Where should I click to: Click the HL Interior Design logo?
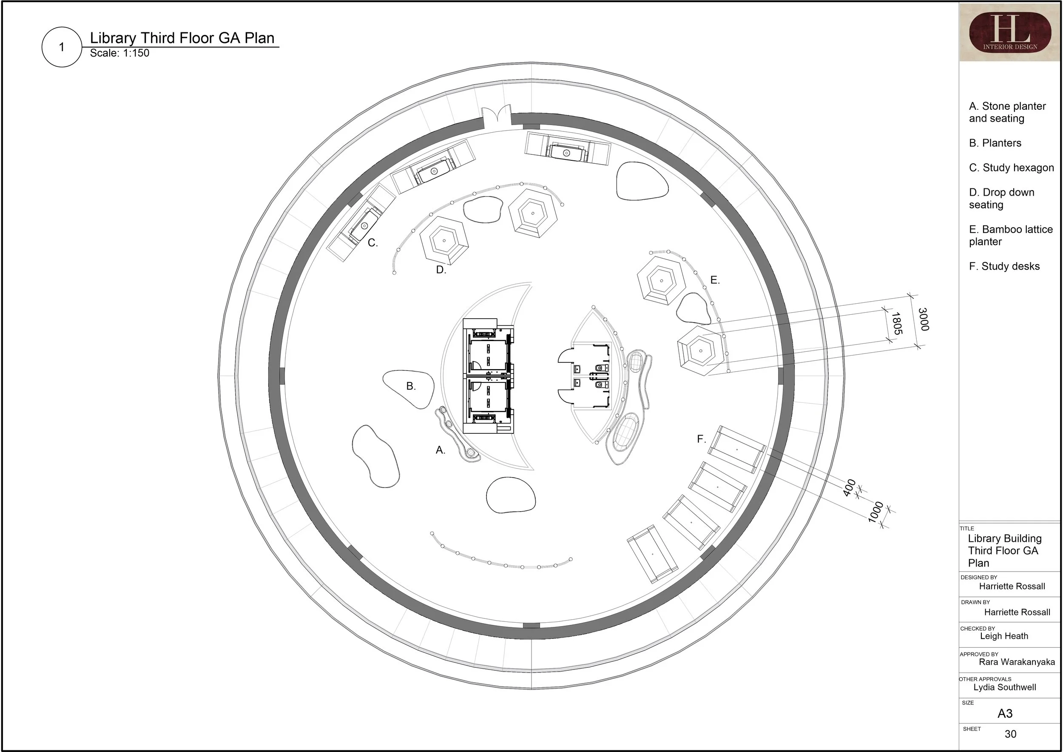[x=1009, y=32]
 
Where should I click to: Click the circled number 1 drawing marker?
[x=62, y=47]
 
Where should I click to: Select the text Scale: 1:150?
[x=119, y=53]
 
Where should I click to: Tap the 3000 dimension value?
[x=923, y=319]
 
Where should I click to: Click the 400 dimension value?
[x=849, y=488]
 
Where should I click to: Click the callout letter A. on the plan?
[x=440, y=450]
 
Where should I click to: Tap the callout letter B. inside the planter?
[x=411, y=386]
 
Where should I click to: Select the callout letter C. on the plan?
[x=373, y=242]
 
